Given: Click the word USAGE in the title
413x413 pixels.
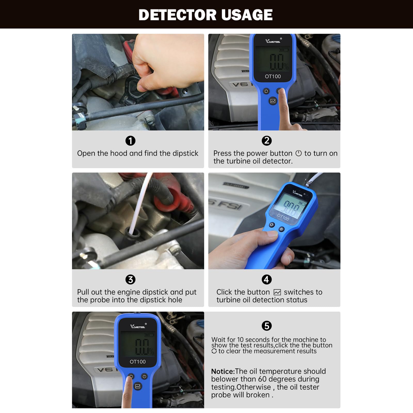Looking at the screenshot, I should tap(247, 15).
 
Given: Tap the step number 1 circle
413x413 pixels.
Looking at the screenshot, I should tap(130, 141).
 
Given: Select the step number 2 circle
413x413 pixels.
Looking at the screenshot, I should tap(267, 141).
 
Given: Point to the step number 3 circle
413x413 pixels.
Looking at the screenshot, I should tap(130, 280).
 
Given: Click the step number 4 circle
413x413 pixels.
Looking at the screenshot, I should tap(267, 280).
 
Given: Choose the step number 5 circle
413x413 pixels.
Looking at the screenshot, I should tap(267, 326).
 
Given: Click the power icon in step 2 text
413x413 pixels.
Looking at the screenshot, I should tap(298, 153).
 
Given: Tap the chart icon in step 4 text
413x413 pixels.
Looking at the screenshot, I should tap(277, 292).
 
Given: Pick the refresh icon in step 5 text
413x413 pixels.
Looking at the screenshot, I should tap(214, 351).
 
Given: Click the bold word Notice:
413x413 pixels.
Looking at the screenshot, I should tap(223, 371).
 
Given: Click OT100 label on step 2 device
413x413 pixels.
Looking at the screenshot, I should tap(273, 76).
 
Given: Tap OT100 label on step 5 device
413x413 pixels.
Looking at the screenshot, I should tap(138, 362).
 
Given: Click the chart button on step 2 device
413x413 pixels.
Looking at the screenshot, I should tap(273, 101).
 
